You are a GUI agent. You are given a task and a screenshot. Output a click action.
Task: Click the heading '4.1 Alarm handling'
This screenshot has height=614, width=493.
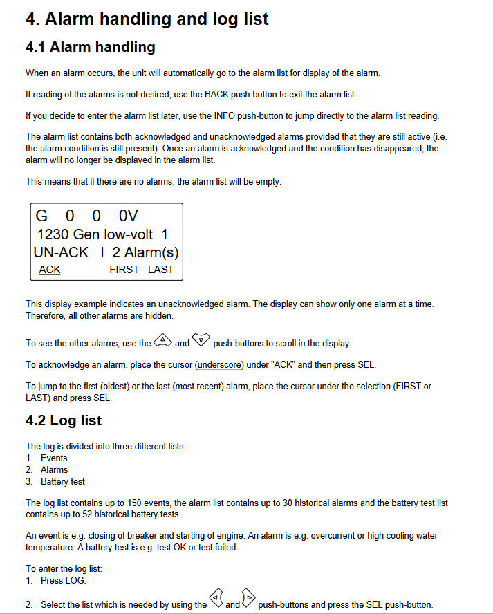(x=90, y=47)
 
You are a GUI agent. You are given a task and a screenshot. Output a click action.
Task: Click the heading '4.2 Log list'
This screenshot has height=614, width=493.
(x=64, y=420)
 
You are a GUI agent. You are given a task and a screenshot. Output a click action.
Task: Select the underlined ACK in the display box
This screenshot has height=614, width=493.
(x=49, y=270)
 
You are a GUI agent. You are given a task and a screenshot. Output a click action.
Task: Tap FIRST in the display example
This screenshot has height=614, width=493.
(x=124, y=270)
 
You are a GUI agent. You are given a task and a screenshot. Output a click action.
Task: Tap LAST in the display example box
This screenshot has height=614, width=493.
(x=160, y=270)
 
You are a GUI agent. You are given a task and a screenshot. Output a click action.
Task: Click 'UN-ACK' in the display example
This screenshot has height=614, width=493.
(x=61, y=252)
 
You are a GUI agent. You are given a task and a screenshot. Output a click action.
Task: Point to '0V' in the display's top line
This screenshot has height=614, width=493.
(x=129, y=216)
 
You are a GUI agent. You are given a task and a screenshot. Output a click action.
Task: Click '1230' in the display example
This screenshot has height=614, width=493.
(x=53, y=234)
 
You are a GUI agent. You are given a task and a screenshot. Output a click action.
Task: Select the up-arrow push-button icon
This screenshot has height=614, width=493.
(x=162, y=340)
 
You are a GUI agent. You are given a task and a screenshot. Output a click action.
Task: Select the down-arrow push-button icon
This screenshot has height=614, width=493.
(x=201, y=340)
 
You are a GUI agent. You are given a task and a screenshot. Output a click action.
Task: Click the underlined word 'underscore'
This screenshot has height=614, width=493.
(x=220, y=364)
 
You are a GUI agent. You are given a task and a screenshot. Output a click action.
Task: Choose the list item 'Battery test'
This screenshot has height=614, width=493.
(x=63, y=481)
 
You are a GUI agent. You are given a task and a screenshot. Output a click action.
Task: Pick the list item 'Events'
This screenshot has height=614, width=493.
(x=54, y=458)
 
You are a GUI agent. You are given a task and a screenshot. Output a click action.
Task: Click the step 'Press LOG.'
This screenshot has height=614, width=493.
(x=62, y=580)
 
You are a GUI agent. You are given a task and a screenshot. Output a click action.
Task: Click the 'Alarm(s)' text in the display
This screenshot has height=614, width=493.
(x=151, y=252)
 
